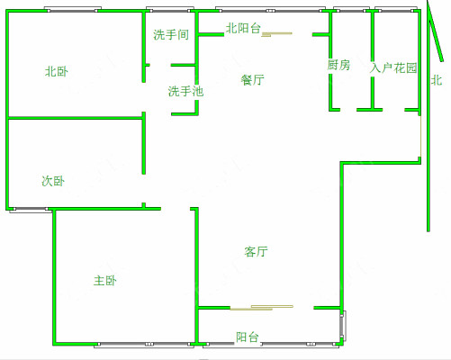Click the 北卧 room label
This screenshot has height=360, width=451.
(x=57, y=72)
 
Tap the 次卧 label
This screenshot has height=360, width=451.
(x=53, y=181)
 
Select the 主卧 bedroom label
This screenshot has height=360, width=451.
(x=105, y=281)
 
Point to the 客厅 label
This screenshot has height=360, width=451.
(x=256, y=251)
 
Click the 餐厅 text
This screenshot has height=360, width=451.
(x=253, y=80)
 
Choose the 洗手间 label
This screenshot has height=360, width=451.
(x=171, y=34)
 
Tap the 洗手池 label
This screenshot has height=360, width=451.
(x=185, y=91)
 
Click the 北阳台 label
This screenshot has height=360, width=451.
(x=243, y=28)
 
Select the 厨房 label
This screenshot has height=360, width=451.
(x=338, y=65)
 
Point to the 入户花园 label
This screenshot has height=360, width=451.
(x=393, y=67)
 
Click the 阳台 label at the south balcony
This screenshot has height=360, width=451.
(x=248, y=337)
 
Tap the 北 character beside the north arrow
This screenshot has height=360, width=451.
(x=437, y=80)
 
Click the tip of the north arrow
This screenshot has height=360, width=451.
(x=428, y=1)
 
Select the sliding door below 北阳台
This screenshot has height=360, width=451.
(x=276, y=34)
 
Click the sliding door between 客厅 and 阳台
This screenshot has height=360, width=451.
(x=262, y=308)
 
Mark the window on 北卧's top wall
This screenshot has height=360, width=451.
(x=73, y=10)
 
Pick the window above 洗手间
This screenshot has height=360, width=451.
(x=170, y=10)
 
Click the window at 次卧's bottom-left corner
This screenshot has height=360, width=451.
(x=29, y=210)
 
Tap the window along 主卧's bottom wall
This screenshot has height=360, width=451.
(x=144, y=345)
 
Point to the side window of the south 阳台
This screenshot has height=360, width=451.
(x=343, y=326)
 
